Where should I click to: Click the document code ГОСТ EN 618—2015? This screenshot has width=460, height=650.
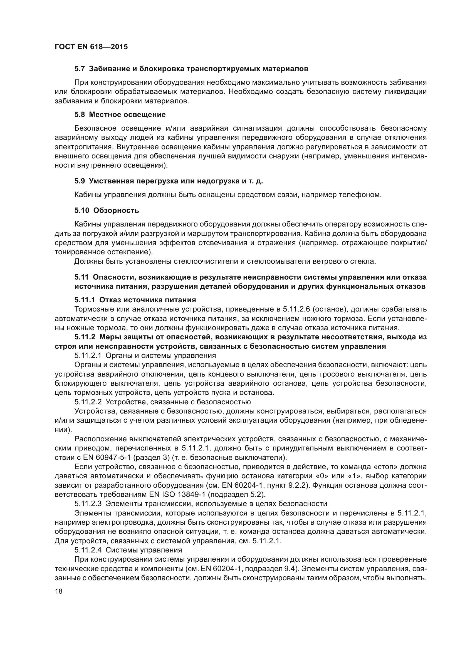click(x=91, y=47)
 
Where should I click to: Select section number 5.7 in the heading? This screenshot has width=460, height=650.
click(x=80, y=69)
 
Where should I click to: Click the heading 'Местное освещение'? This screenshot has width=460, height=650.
click(x=127, y=115)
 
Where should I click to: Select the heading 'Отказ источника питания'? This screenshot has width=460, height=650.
click(x=148, y=300)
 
